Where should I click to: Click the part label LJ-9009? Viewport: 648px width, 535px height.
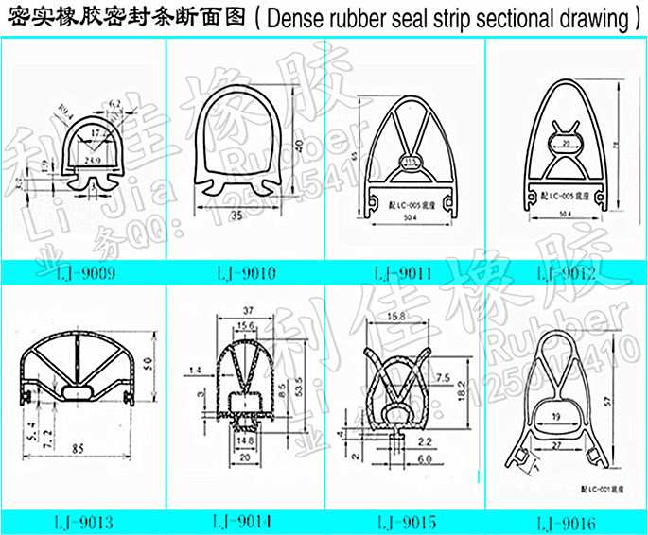click(82, 275)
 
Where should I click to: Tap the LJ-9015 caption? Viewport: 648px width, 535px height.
click(405, 522)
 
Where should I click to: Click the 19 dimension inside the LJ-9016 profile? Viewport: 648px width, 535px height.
click(555, 413)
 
